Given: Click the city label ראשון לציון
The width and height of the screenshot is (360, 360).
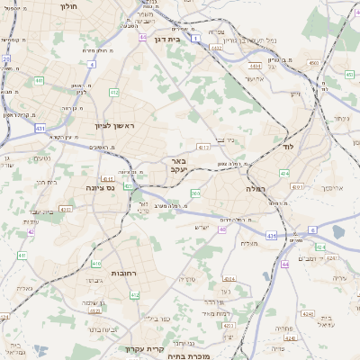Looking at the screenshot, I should (x=115, y=126).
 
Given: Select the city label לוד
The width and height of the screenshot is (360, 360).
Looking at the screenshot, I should (x=288, y=146).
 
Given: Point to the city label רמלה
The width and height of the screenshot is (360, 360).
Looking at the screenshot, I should (x=258, y=190).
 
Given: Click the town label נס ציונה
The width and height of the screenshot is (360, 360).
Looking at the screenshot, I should (x=98, y=188).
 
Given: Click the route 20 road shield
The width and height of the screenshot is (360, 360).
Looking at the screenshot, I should (x=6, y=59).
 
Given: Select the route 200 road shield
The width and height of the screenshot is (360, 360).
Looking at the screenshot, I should (x=195, y=193).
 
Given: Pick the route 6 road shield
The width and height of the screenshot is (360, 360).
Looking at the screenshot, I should (x=312, y=229).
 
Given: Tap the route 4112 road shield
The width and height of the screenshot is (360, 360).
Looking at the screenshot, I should (x=203, y=146).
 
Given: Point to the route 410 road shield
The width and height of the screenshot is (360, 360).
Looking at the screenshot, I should (x=95, y=264).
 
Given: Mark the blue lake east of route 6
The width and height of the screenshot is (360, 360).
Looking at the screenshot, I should (x=337, y=232).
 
